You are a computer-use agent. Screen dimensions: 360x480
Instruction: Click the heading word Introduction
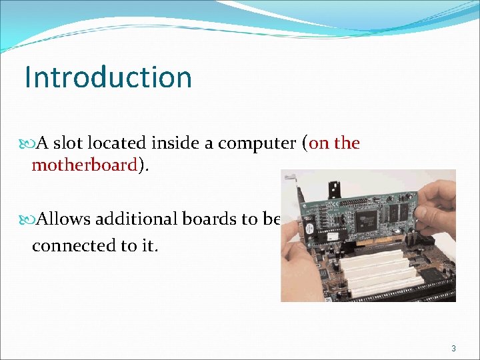coord(108,77)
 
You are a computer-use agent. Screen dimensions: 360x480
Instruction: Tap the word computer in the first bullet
coord(257,143)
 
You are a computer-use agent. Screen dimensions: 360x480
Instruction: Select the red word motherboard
coord(84,165)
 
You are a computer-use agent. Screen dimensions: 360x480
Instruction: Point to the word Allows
coord(65,219)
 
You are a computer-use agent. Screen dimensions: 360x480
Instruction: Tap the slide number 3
coord(453,349)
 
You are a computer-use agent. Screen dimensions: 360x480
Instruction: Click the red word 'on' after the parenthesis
coord(319,143)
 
